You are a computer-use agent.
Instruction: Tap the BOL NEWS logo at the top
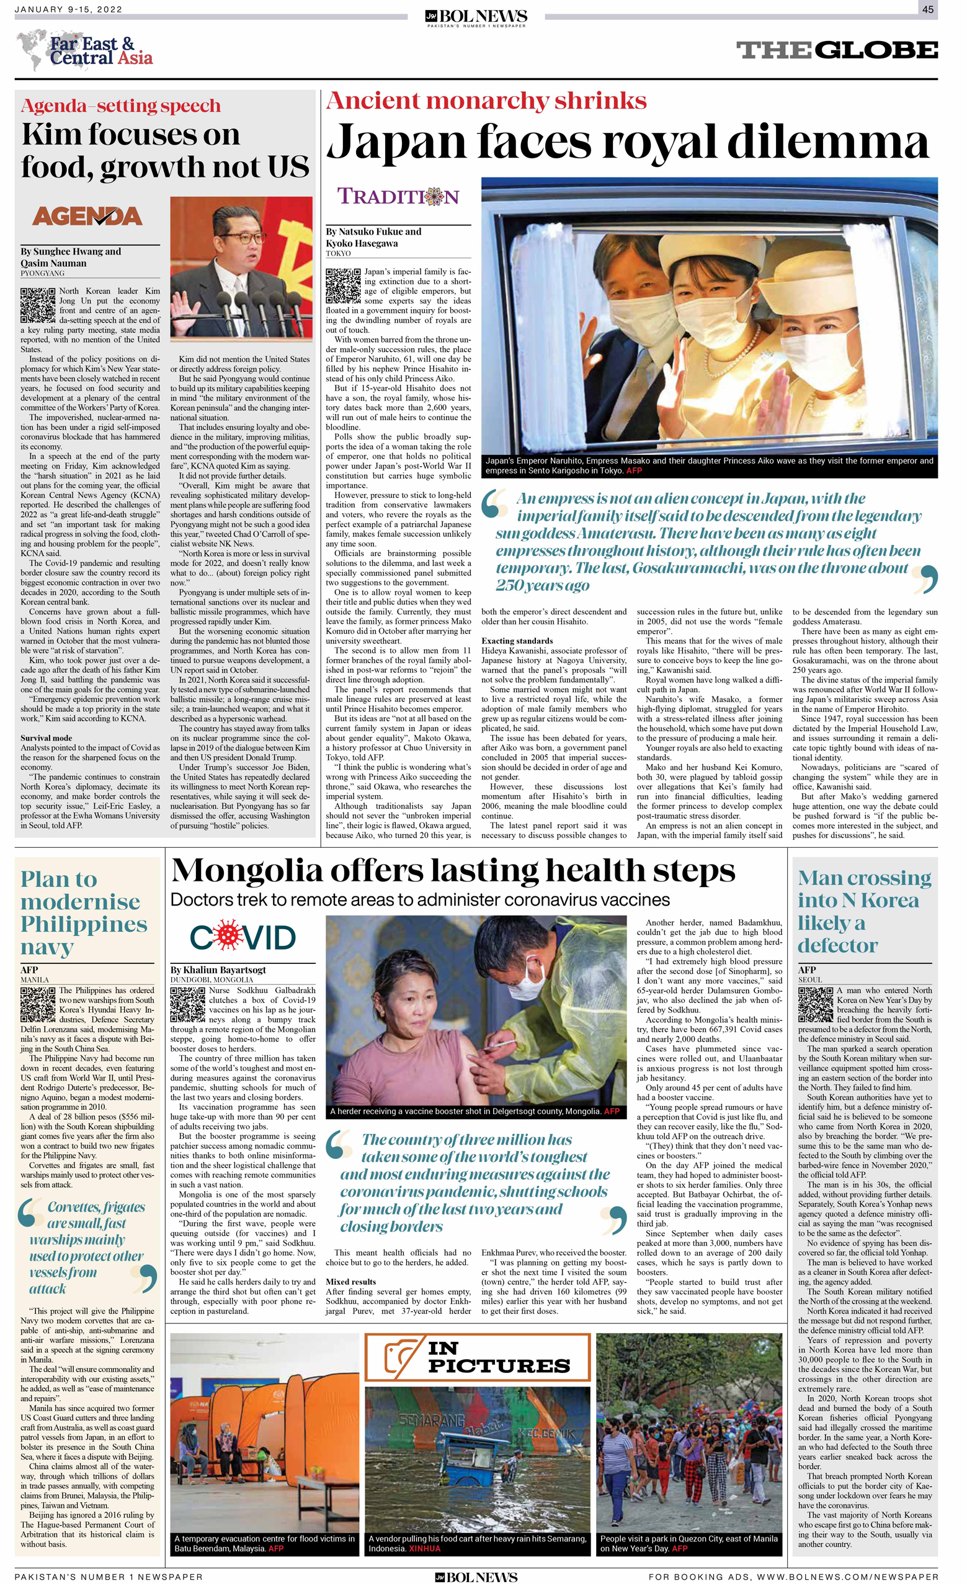point(476,17)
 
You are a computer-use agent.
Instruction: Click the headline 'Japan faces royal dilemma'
point(627,142)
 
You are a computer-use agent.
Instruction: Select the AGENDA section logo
point(87,217)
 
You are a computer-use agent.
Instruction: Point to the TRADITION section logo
point(398,196)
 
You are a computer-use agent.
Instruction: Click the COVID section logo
point(243,938)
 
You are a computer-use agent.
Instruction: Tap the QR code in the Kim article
point(37,305)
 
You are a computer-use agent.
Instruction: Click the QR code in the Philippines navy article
point(37,1004)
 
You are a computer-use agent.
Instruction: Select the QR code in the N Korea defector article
point(816,1004)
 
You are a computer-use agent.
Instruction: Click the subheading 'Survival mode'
point(47,738)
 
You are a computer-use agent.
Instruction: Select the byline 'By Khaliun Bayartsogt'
point(218,970)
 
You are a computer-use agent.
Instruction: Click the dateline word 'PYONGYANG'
point(42,273)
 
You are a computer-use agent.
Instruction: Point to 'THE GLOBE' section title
point(837,50)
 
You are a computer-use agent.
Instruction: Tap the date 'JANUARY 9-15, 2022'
point(68,9)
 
